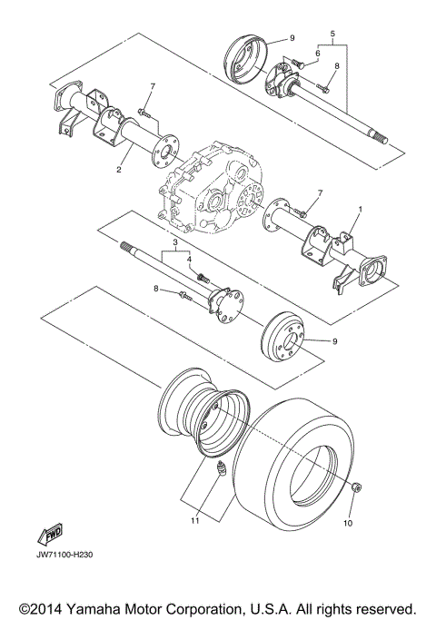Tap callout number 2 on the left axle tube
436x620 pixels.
(x=118, y=169)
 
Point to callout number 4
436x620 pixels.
(x=191, y=260)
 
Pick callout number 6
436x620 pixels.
(x=317, y=54)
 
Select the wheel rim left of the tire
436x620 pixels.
(x=200, y=410)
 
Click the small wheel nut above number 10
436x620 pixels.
(x=356, y=489)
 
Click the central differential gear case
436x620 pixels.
(x=213, y=186)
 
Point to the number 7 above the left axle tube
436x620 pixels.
(x=153, y=87)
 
